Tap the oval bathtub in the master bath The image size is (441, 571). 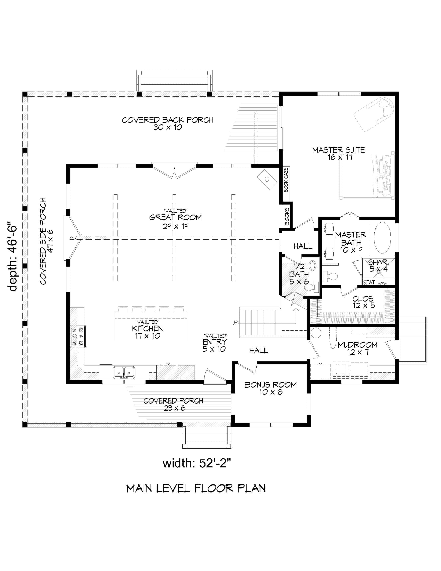(x=382, y=238)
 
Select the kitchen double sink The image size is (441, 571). (x=124, y=372)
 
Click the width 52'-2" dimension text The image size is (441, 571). (x=197, y=464)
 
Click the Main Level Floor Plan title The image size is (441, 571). (x=196, y=488)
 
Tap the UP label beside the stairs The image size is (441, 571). (x=235, y=322)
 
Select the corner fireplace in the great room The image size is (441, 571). (x=267, y=179)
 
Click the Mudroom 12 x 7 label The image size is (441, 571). (x=357, y=348)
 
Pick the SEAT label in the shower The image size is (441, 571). (x=369, y=282)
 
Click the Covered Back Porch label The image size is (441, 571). (x=168, y=123)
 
